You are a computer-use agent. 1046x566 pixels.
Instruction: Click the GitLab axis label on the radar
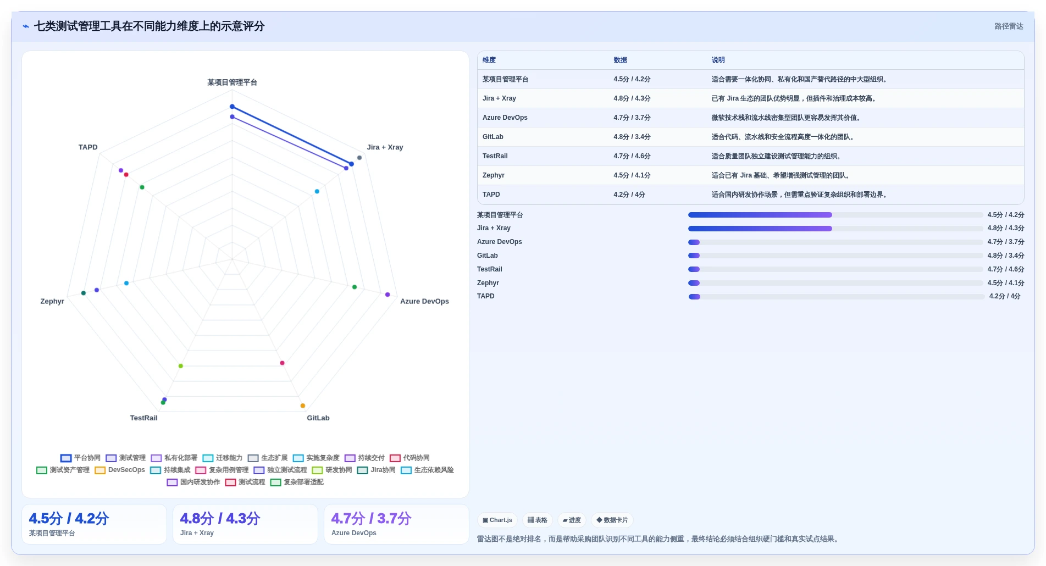pyautogui.click(x=318, y=418)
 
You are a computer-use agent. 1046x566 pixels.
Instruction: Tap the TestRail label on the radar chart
pyautogui.click(x=143, y=418)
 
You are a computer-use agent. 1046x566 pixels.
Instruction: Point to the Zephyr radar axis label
pyautogui.click(x=52, y=302)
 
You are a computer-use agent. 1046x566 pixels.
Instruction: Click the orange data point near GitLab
pyautogui.click(x=303, y=406)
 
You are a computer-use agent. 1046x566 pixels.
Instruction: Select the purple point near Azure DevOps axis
pyautogui.click(x=388, y=295)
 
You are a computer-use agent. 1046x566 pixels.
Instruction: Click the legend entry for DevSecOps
pyautogui.click(x=120, y=470)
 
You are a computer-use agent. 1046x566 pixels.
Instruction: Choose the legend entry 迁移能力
pyautogui.click(x=223, y=458)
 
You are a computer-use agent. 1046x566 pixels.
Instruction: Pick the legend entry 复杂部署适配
pyautogui.click(x=297, y=482)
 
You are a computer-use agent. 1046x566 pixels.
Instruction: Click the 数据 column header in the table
pyautogui.click(x=621, y=60)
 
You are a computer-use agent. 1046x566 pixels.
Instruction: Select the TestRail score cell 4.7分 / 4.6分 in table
pyautogui.click(x=632, y=157)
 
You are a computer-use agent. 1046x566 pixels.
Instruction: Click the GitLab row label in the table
pyautogui.click(x=493, y=137)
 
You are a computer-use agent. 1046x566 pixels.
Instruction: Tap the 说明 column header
pyautogui.click(x=718, y=60)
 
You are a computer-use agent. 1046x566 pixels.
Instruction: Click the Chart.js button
pyautogui.click(x=497, y=520)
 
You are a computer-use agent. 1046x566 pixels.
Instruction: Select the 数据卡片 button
pyautogui.click(x=612, y=520)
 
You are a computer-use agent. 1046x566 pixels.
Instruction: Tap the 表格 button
pyautogui.click(x=538, y=520)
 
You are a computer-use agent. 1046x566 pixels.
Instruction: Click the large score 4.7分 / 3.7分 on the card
pyautogui.click(x=371, y=519)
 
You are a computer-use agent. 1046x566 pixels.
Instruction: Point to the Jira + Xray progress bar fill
pyautogui.click(x=760, y=229)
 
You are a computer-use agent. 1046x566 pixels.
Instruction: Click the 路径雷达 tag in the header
pyautogui.click(x=1009, y=26)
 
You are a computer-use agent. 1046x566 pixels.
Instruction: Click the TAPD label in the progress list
pyautogui.click(x=486, y=297)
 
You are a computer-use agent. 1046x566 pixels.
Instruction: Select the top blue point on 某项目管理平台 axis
pyautogui.click(x=233, y=107)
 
